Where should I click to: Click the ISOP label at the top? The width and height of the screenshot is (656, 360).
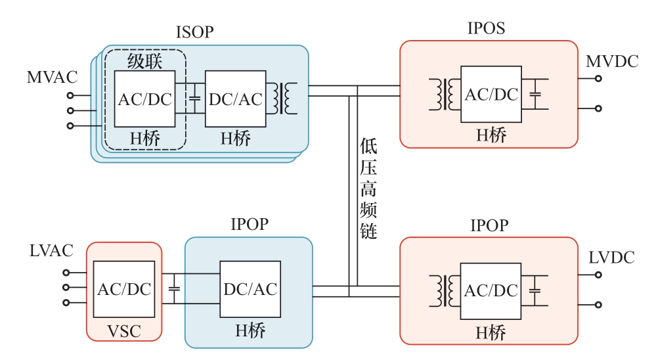click(x=194, y=32)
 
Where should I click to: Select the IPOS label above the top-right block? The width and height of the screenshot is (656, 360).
click(x=486, y=28)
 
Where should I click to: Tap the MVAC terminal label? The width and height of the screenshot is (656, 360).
click(x=52, y=77)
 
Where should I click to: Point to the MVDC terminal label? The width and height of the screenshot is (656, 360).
click(x=612, y=62)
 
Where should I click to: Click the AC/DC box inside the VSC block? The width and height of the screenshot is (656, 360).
click(x=124, y=290)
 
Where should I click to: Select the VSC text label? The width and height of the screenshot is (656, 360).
click(x=124, y=331)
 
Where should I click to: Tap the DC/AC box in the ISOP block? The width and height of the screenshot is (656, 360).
click(x=235, y=99)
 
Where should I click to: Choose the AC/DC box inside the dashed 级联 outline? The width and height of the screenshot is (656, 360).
click(x=144, y=99)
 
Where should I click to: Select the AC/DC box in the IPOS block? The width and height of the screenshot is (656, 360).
click(x=491, y=94)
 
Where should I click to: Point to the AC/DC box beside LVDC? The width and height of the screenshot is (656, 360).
click(x=491, y=291)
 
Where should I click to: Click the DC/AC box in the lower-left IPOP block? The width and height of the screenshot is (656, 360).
click(x=250, y=289)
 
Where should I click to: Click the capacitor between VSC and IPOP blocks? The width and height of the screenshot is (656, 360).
click(x=174, y=289)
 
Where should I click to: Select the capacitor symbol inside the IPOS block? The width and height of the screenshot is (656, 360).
click(x=536, y=94)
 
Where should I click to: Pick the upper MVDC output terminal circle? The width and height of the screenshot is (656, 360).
click(x=598, y=78)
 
